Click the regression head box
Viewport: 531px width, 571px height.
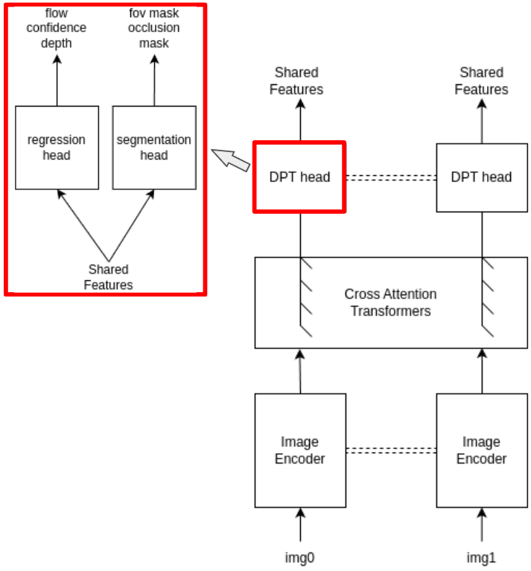[57, 147]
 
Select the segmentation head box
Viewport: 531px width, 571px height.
[153, 147]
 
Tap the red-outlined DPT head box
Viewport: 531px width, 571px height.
[299, 177]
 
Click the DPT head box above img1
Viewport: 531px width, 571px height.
[481, 177]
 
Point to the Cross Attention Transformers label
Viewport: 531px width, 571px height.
[390, 303]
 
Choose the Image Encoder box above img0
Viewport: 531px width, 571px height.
[299, 450]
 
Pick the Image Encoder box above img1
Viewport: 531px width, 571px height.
[481, 450]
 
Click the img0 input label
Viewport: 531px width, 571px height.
[300, 556]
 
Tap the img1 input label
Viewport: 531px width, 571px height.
[481, 556]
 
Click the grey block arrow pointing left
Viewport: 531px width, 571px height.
[232, 159]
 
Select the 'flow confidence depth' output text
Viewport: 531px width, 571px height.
[57, 28]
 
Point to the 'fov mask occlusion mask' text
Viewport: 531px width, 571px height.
[153, 28]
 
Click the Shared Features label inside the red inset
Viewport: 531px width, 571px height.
[108, 277]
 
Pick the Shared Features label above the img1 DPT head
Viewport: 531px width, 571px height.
[481, 81]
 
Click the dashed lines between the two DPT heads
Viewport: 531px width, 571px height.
[390, 177]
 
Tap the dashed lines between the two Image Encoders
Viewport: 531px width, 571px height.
[390, 450]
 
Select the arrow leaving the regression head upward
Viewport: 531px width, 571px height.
[57, 82]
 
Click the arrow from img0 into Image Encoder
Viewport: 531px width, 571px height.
[300, 525]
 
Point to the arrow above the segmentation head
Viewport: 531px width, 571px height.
[154, 82]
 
